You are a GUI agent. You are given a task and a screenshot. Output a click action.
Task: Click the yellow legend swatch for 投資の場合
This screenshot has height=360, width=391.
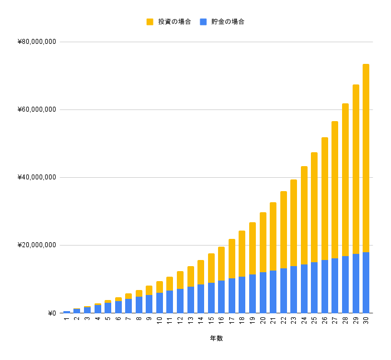tap(150, 22)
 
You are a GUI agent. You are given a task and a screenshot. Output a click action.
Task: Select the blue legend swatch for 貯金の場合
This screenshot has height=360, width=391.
tap(203, 22)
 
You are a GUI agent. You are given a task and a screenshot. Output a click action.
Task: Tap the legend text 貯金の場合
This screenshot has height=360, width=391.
tap(227, 22)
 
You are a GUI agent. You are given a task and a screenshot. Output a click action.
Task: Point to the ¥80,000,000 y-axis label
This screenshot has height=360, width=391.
tap(37, 42)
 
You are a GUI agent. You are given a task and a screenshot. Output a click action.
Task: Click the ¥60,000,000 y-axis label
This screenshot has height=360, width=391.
tap(37, 110)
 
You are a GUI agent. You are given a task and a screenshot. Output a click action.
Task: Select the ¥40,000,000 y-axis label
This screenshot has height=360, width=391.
tap(37, 178)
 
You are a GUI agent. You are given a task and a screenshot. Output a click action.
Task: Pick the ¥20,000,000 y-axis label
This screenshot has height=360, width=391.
tap(37, 246)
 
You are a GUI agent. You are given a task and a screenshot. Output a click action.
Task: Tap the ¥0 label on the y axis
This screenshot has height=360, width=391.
tap(52, 313)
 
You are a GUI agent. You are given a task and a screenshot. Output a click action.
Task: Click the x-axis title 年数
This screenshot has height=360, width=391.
tap(216, 338)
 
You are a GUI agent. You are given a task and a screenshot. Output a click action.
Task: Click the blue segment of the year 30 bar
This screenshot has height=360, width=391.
tap(366, 282)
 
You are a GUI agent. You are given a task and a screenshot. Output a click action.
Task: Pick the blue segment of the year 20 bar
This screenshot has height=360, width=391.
tap(263, 292)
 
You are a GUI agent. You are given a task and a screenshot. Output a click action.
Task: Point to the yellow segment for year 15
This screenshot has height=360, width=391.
tap(211, 268)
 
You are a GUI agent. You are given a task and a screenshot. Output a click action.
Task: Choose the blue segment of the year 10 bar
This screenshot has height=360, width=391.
tap(160, 303)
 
